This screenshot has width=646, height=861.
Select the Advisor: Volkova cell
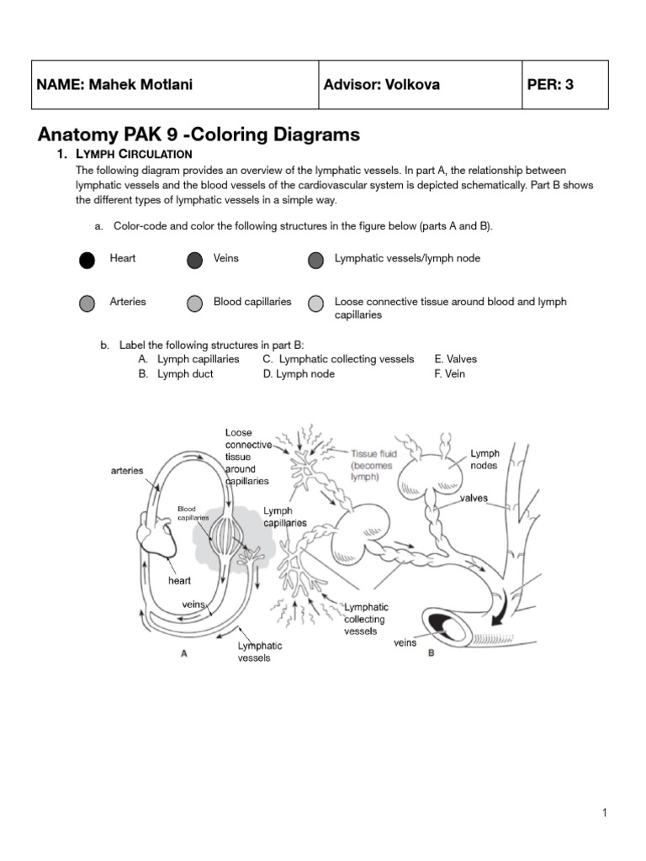(381, 85)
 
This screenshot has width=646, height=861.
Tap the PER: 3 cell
(550, 85)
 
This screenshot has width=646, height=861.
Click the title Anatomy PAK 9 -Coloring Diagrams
(199, 134)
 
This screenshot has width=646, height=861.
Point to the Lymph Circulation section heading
(135, 154)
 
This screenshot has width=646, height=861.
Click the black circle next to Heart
(87, 260)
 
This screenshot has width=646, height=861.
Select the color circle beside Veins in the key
(194, 260)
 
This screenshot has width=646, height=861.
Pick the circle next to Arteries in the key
(87, 303)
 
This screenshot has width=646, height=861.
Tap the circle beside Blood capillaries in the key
(194, 303)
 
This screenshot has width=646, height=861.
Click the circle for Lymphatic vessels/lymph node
(315, 260)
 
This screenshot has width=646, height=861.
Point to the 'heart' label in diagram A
(179, 580)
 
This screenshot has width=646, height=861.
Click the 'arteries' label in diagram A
(127, 471)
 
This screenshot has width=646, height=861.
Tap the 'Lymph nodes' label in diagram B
(484, 459)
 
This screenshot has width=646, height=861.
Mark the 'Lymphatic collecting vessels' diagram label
(366, 619)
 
